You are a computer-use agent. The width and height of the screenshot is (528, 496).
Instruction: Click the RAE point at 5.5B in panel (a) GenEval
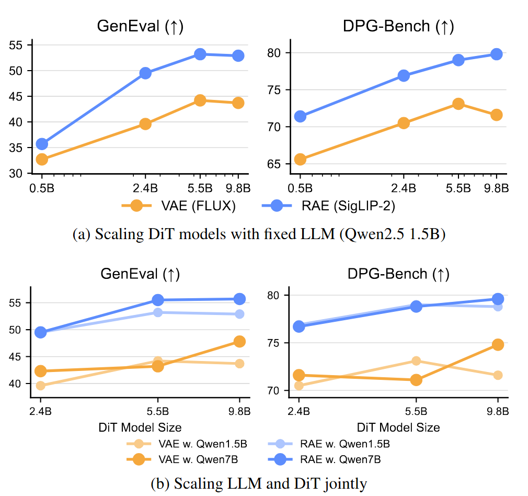click(x=200, y=54)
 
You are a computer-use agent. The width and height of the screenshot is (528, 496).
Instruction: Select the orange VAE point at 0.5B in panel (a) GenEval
click(x=42, y=159)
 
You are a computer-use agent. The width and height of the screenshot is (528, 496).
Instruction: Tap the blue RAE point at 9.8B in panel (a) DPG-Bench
click(x=496, y=54)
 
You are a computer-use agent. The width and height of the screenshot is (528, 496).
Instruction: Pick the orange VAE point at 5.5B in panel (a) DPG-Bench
click(x=458, y=104)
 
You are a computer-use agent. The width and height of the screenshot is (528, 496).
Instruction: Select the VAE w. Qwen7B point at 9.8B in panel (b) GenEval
click(x=239, y=341)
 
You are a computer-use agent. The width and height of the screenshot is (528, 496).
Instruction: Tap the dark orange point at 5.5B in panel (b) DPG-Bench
click(x=416, y=380)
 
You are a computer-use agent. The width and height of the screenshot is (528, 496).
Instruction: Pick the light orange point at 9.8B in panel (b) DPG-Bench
click(x=498, y=375)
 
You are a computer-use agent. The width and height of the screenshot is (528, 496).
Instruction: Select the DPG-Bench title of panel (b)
click(x=398, y=274)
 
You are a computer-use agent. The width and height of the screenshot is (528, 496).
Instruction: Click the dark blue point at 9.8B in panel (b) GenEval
click(x=239, y=299)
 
